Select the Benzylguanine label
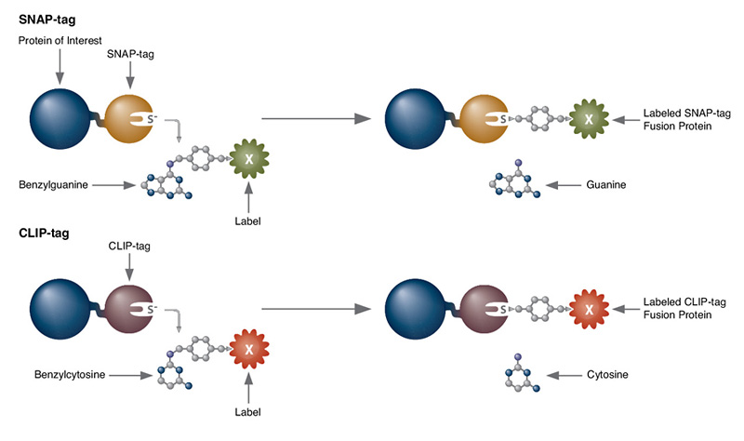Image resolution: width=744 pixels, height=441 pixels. click(x=52, y=185)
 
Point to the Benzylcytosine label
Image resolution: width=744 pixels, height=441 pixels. click(x=54, y=376)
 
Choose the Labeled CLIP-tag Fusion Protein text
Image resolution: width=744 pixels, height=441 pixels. click(x=684, y=309)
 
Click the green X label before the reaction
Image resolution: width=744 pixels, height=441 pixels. click(x=248, y=160)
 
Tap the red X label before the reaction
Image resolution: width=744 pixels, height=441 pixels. click(x=248, y=349)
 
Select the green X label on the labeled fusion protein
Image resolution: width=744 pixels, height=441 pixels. click(x=588, y=118)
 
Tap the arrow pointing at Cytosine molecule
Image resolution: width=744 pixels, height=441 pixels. click(x=564, y=376)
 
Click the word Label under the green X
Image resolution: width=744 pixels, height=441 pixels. click(x=248, y=222)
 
